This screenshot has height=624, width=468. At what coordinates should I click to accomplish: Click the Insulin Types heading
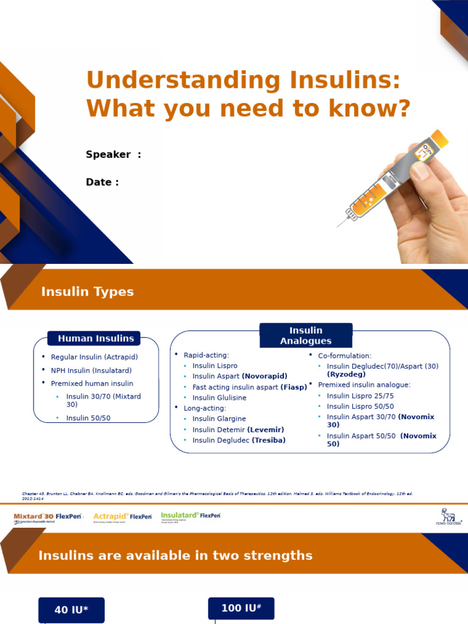click(87, 291)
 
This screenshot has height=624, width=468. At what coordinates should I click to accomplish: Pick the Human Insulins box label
click(96, 338)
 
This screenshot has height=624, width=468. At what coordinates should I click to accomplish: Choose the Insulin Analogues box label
click(306, 335)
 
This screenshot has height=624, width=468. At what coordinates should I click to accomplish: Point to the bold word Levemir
click(266, 430)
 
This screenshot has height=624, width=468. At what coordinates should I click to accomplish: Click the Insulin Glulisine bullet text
click(219, 397)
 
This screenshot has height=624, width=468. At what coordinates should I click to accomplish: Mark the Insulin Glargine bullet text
click(219, 419)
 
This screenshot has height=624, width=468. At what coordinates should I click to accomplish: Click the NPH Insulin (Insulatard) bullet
click(91, 370)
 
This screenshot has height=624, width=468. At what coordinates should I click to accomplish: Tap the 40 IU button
click(71, 610)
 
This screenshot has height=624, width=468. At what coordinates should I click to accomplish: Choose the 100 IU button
click(241, 608)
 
